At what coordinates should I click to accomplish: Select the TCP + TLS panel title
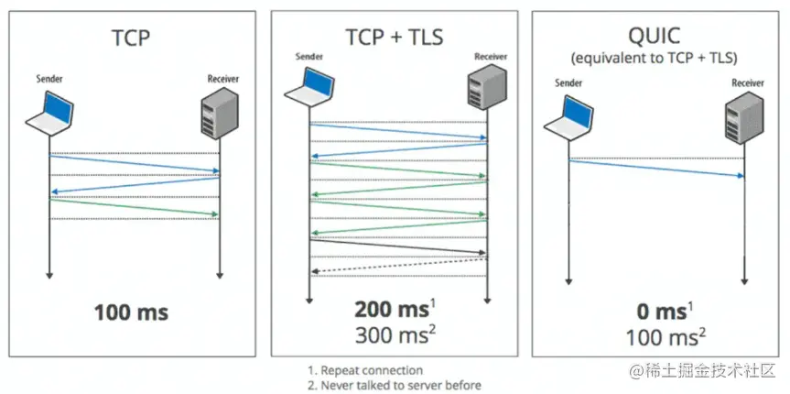pos(394,38)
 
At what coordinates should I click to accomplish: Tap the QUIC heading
pos(655,36)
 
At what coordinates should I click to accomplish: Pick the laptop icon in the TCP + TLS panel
pos(309,88)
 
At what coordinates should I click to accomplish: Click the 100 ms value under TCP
pos(131,312)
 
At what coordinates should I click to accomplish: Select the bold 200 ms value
pos(389,309)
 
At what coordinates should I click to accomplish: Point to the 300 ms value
pos(391,334)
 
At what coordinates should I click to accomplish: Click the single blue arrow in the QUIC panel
pos(655,168)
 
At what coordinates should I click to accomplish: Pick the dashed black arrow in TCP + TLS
pos(397,266)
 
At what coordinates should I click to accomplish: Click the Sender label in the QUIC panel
pos(568,84)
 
